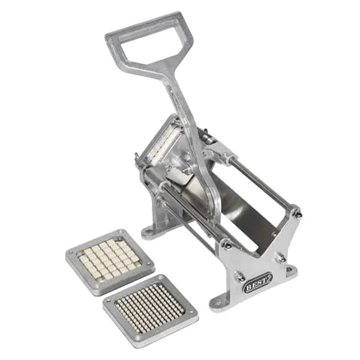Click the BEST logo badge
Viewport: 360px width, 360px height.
(258, 283)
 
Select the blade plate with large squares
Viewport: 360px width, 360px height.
(110, 262)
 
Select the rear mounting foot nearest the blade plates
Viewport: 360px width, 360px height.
(149, 231)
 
